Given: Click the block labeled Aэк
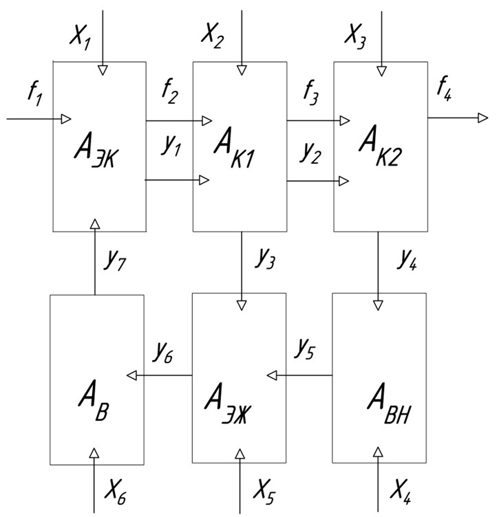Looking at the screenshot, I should tap(99, 146).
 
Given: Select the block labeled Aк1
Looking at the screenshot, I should tap(239, 146).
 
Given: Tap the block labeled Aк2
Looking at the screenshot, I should tap(379, 146).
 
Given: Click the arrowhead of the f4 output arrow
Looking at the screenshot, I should tap(482, 118).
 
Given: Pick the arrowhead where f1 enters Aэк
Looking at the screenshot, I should tap(66, 118).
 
